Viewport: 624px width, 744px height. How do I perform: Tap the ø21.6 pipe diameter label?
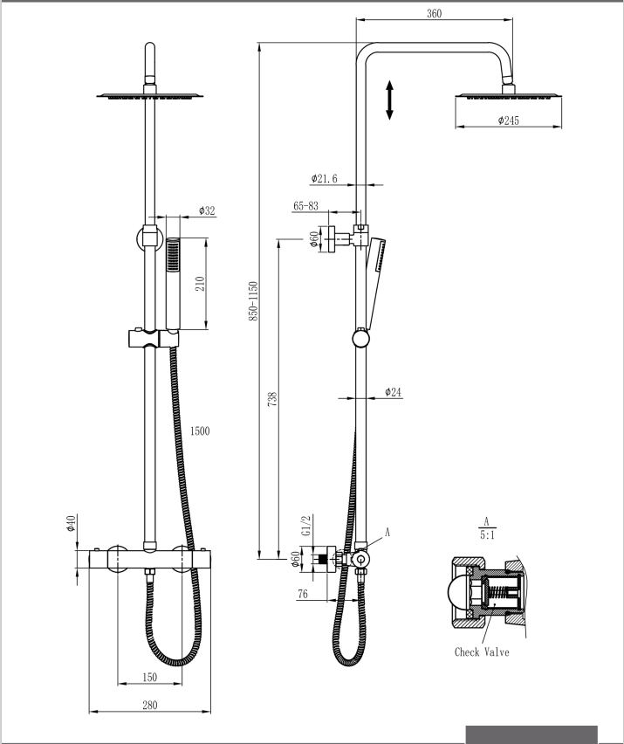[x=324, y=178]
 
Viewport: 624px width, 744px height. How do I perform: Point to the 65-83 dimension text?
[x=305, y=206]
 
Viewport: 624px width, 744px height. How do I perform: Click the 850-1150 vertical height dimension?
[x=253, y=301]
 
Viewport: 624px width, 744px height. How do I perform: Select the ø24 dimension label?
[x=393, y=392]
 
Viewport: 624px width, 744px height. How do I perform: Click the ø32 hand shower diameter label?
[x=207, y=210]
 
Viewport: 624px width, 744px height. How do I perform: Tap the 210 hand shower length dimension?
[x=199, y=284]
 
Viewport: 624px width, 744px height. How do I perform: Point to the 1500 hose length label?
[x=199, y=431]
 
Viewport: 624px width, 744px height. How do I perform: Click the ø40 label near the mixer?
[x=71, y=524]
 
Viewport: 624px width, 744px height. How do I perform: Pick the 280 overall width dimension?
[x=150, y=706]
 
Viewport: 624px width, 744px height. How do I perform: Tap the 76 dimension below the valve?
[x=303, y=595]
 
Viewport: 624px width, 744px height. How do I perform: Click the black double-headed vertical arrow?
[x=390, y=100]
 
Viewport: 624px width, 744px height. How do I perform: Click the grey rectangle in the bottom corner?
[x=531, y=734]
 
